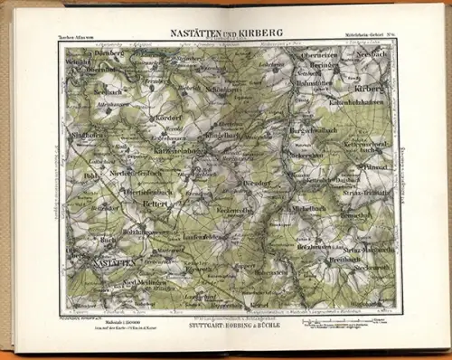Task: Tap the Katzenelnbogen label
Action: (x=182, y=148)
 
